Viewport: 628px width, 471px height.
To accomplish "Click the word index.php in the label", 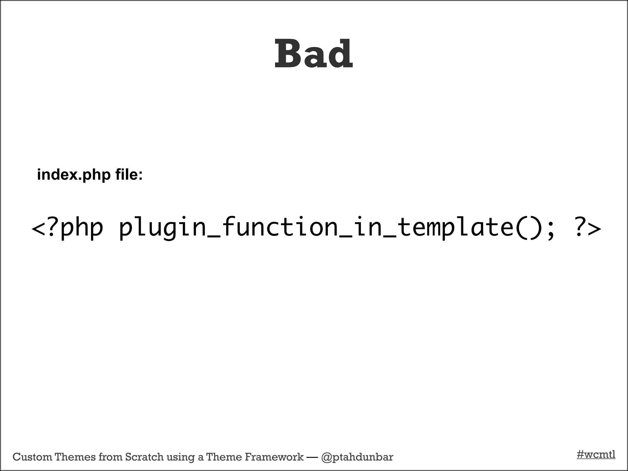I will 74,175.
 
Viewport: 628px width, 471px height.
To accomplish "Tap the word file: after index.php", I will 129,175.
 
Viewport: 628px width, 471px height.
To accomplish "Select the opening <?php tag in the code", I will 67,228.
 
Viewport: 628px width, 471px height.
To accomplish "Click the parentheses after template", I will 529,228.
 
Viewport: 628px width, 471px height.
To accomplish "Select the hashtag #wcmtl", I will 596,454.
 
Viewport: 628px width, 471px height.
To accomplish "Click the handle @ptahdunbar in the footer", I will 357,457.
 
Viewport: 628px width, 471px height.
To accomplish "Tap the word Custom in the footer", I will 32,457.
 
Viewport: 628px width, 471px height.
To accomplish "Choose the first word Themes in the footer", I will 75,457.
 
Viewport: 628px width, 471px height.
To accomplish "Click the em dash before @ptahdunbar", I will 312,457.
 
